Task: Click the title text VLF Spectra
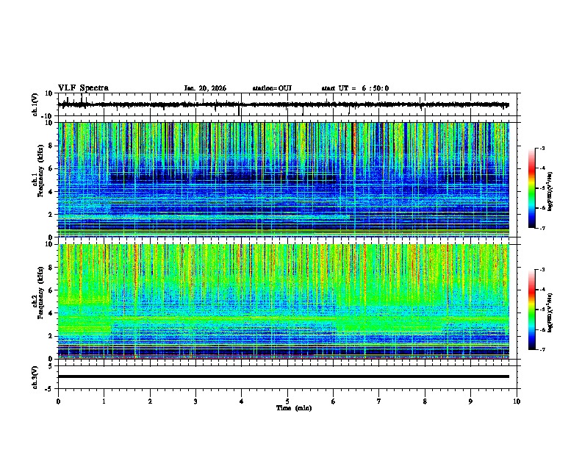tap(83, 87)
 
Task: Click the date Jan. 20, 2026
tap(205, 88)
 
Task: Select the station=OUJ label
tap(272, 88)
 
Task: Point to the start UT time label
tap(355, 88)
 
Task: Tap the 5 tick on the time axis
tap(287, 401)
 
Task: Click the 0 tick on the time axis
tap(58, 401)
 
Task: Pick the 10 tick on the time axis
tap(517, 401)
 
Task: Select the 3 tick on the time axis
tap(195, 401)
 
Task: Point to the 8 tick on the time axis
tap(425, 401)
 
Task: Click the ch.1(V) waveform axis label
tap(35, 104)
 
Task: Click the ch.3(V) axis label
tap(35, 376)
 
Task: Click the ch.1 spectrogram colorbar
tap(532, 188)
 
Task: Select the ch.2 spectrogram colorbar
tap(532, 310)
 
